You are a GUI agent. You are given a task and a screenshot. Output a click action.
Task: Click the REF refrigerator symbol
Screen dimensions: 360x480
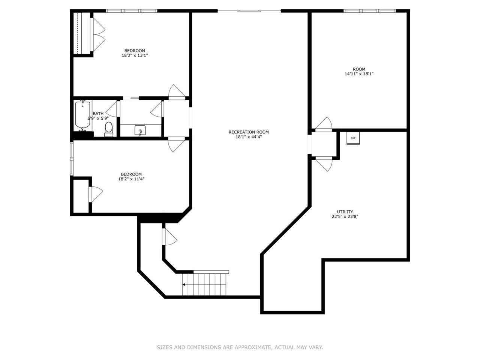click(x=353, y=138)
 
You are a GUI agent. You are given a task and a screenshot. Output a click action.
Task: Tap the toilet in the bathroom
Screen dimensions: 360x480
click(x=108, y=128)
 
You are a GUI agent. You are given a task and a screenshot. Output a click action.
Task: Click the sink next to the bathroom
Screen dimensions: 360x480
click(x=140, y=131)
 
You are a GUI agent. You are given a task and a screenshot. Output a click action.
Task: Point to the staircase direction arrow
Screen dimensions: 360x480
click(x=184, y=285)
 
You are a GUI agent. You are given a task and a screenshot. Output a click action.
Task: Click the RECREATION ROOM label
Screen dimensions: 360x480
click(x=249, y=132)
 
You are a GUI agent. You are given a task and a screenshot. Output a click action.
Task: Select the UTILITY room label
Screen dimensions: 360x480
click(x=345, y=212)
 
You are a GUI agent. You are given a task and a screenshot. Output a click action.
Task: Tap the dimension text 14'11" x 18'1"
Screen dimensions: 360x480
click(x=359, y=74)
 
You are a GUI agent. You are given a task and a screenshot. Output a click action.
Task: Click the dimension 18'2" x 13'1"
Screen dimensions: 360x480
click(x=135, y=55)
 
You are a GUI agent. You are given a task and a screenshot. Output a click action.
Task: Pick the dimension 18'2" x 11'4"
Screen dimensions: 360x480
click(x=131, y=179)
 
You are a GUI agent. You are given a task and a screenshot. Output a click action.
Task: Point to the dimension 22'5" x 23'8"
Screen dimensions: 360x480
click(x=345, y=216)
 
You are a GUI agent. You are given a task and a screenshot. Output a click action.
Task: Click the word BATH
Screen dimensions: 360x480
click(x=98, y=114)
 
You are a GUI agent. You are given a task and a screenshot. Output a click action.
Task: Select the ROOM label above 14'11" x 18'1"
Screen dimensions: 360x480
click(x=359, y=69)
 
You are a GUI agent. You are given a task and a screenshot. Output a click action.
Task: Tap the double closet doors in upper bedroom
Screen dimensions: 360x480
click(x=98, y=34)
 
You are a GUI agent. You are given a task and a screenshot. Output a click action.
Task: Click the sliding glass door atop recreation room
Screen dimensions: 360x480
click(x=249, y=11)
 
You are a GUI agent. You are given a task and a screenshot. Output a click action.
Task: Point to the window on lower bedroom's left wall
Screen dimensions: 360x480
click(x=72, y=159)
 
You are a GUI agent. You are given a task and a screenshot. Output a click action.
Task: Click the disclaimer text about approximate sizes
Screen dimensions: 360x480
click(x=240, y=347)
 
